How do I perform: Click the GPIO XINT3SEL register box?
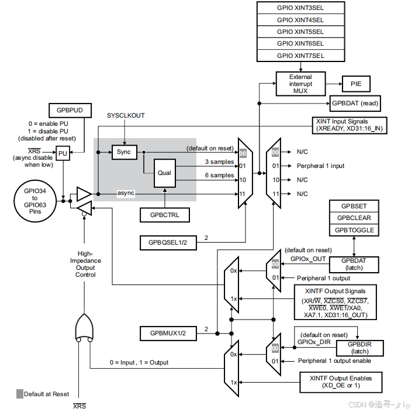click(300, 7)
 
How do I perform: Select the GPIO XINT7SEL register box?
click(300, 56)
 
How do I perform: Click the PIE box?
click(356, 84)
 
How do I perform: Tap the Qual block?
click(165, 173)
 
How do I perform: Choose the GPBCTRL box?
click(165, 215)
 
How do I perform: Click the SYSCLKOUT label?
click(125, 116)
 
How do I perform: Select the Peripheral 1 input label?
click(320, 166)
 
